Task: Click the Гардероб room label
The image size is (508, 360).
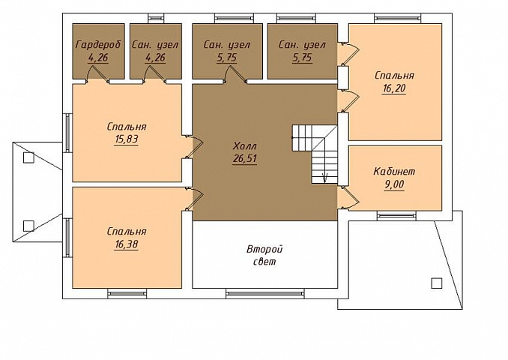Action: [x=98, y=44]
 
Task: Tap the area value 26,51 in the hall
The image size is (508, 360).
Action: [x=245, y=159]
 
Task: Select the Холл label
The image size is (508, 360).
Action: [x=244, y=146]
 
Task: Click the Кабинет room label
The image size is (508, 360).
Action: [x=394, y=171]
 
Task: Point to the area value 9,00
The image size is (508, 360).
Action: [x=394, y=184]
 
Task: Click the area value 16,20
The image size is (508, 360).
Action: [x=394, y=88]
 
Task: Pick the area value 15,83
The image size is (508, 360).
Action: [x=127, y=139]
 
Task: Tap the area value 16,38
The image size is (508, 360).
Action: [x=127, y=244]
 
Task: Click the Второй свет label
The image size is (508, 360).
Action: [x=264, y=255]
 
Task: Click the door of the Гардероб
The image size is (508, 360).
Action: [x=97, y=74]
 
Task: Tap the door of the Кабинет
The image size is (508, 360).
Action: [x=348, y=197]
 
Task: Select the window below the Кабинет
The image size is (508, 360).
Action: [x=396, y=215]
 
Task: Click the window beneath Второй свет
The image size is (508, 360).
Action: [x=265, y=294]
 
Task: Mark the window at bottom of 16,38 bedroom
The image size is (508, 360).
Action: [x=127, y=294]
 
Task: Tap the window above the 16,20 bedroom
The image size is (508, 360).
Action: [x=398, y=18]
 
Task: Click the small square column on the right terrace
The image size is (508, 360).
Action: [x=437, y=283]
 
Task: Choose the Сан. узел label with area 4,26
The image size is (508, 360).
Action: [x=155, y=44]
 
